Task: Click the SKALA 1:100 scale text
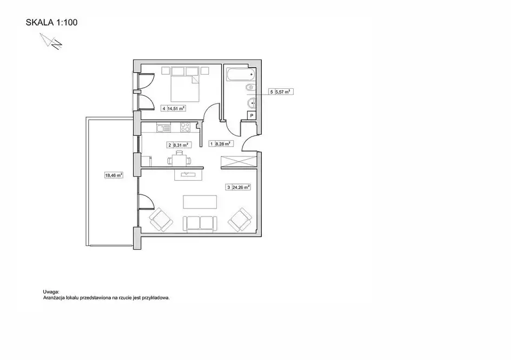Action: (x=52, y=22)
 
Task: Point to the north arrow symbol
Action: (x=51, y=41)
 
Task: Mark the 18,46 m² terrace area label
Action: (x=114, y=175)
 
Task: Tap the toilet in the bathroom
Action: (x=251, y=88)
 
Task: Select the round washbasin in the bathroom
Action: (x=252, y=103)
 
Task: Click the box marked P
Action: (x=252, y=115)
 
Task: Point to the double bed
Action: (x=185, y=84)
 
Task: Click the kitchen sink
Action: (x=163, y=127)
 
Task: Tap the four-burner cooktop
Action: (x=185, y=127)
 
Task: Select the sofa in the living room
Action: (x=200, y=224)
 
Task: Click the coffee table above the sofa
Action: (x=200, y=202)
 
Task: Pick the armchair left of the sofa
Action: (x=161, y=220)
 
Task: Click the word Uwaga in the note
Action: (x=51, y=292)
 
